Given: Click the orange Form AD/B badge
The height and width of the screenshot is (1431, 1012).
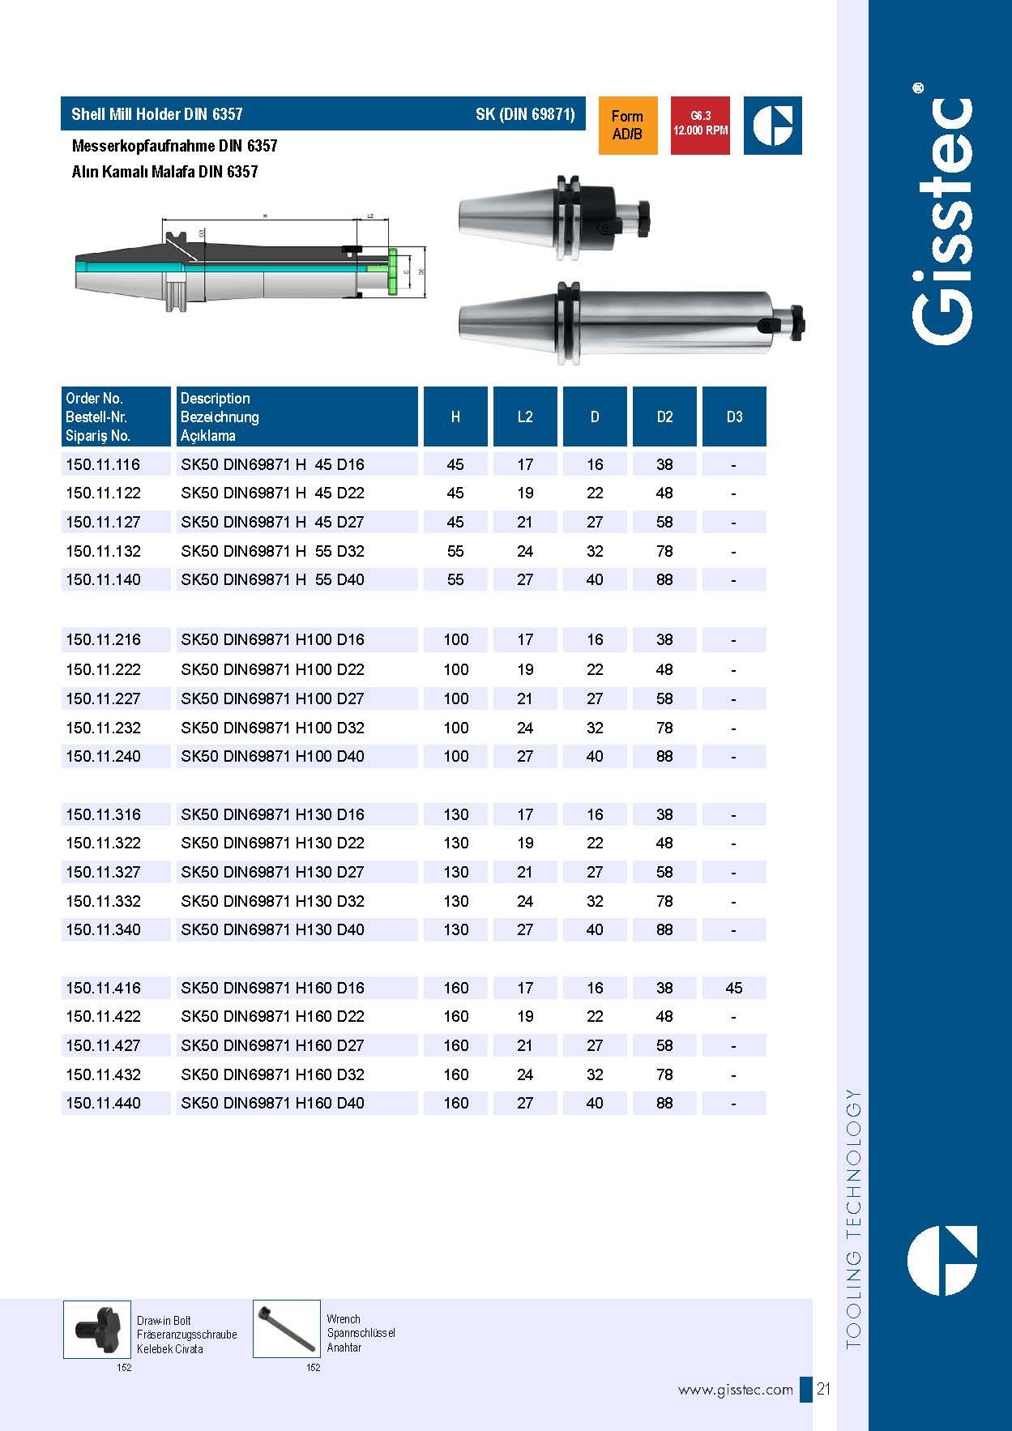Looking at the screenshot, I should (627, 126).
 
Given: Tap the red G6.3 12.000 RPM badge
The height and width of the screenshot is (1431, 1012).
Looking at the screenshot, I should (700, 125).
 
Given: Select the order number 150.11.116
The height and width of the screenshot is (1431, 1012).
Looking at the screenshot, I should (103, 464).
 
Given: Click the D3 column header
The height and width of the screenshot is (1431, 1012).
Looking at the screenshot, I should (734, 416).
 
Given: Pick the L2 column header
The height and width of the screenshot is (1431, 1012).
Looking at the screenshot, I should (525, 416).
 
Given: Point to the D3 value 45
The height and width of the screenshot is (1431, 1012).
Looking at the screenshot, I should (734, 988).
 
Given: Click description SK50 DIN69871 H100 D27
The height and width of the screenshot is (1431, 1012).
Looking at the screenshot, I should (272, 698).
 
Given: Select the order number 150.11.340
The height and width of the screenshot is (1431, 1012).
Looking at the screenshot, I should (103, 929).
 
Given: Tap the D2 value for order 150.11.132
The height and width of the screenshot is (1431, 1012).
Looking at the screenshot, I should (664, 551).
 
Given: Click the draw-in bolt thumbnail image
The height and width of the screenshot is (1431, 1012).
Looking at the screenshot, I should (97, 1329).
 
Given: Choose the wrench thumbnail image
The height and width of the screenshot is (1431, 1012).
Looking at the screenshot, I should (286, 1329).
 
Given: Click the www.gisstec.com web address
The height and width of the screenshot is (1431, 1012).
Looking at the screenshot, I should (735, 1390).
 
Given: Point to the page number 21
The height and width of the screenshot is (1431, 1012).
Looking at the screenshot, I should (823, 1389).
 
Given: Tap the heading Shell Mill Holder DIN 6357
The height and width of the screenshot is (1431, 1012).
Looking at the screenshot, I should (157, 114).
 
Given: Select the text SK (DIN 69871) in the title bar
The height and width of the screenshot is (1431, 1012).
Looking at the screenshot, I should (525, 114).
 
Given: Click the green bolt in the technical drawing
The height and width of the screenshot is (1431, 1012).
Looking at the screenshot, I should (393, 273).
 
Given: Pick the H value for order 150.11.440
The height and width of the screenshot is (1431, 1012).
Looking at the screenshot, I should (455, 1103).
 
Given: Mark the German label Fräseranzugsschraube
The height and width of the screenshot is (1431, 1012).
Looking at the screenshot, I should (186, 1335).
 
